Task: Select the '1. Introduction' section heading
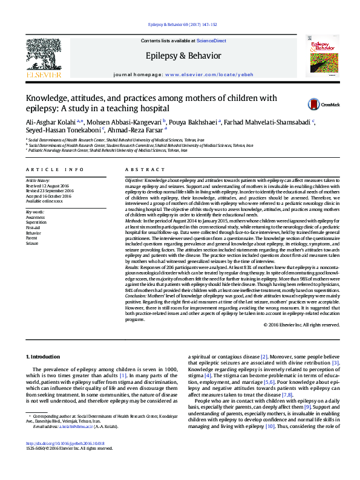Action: tap(45, 357)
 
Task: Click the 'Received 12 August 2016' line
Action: tap(49, 186)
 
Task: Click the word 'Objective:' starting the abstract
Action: tap(134, 181)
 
